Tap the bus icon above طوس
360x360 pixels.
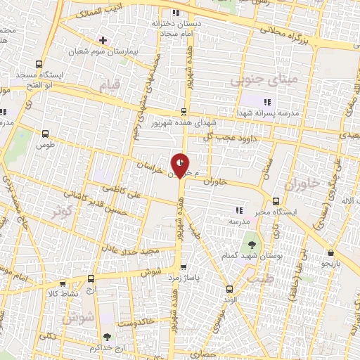pos(46,133)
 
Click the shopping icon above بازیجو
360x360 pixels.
pos(330,252)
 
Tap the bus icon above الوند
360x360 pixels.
pos(229,288)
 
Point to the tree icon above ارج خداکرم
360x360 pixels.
pos(106,337)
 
